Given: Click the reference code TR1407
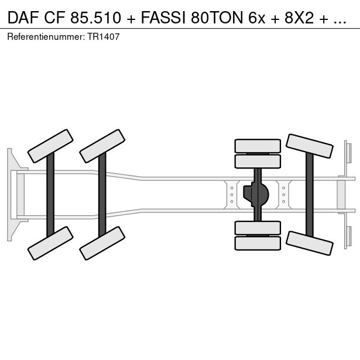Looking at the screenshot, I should pyautogui.click(x=105, y=36).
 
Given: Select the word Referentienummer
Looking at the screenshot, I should pyautogui.click(x=44, y=36).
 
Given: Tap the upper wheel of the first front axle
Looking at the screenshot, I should pyautogui.click(x=50, y=145).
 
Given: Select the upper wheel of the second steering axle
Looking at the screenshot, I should pyautogui.click(x=102, y=145).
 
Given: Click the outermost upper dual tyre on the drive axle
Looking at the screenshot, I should pyautogui.click(x=258, y=146).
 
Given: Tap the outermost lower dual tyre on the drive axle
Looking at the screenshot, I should pyautogui.click(x=258, y=243).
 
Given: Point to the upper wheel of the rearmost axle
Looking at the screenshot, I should pyautogui.click(x=310, y=146).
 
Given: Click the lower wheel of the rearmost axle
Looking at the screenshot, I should pyautogui.click(x=310, y=242).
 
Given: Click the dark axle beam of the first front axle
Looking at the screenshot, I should pyautogui.click(x=50, y=194).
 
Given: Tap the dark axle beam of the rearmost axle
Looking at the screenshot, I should pyautogui.click(x=310, y=194).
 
